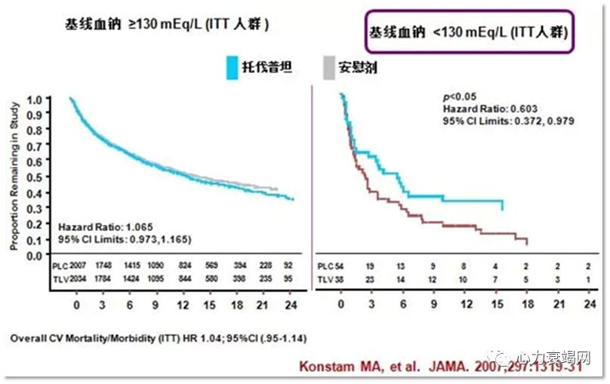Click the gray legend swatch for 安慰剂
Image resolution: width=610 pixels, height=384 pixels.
[328, 68]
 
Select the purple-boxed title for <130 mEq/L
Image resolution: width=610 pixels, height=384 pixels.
[468, 32]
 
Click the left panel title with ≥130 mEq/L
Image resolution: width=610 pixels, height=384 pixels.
[167, 24]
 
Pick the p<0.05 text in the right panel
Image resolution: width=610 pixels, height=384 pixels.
[461, 97]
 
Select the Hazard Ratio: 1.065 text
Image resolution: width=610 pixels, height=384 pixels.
[103, 226]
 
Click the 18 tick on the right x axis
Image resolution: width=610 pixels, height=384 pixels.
[527, 306]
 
